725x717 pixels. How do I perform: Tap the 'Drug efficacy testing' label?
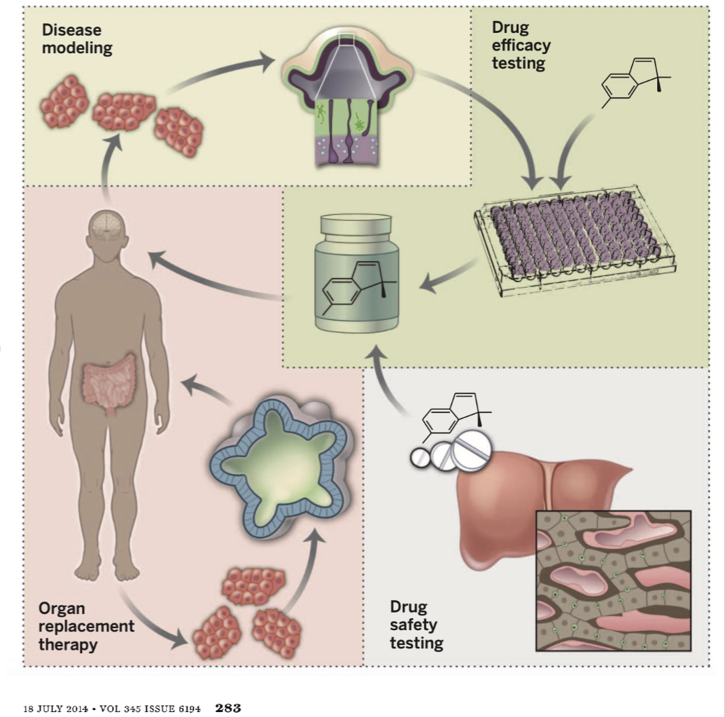[521, 46]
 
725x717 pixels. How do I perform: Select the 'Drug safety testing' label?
[416, 625]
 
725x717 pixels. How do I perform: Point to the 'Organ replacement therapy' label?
[86, 626]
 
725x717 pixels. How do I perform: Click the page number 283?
[228, 708]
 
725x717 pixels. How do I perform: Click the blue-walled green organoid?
[283, 462]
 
